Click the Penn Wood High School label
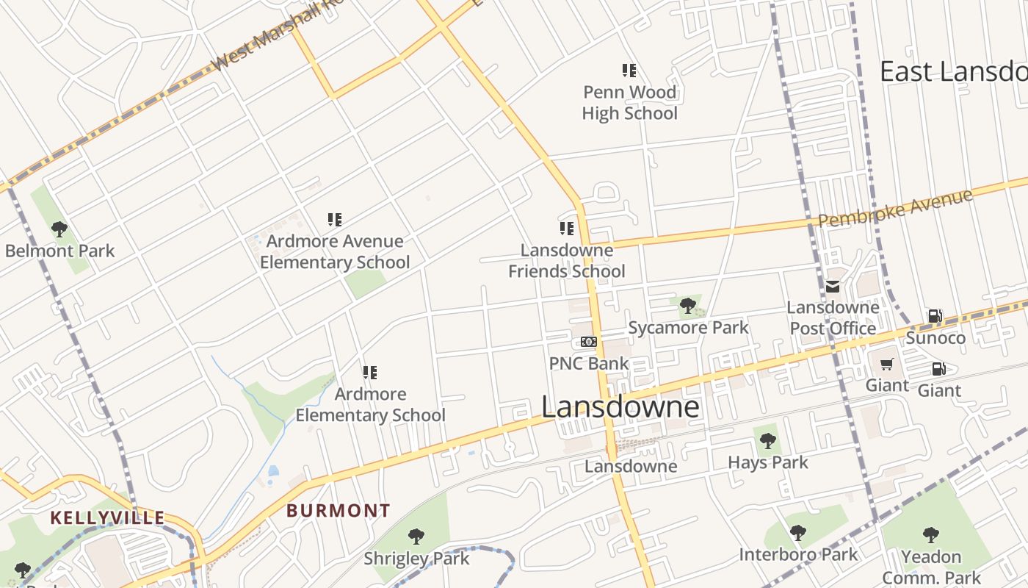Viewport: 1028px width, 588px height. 629,103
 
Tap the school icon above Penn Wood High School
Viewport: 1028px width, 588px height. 629,71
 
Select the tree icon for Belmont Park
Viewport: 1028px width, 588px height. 59,229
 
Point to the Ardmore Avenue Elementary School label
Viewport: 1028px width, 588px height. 335,251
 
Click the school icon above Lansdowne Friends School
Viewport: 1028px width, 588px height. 566,229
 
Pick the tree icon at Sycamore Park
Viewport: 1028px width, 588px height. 687,306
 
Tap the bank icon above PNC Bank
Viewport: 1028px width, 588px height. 589,342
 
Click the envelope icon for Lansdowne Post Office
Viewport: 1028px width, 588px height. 833,287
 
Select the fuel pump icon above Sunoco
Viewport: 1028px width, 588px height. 935,317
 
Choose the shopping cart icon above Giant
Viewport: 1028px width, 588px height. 887,365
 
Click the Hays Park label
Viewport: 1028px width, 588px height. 767,462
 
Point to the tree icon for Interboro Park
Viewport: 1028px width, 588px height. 797,533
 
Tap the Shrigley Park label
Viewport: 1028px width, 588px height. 416,559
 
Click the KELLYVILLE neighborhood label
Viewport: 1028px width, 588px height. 107,517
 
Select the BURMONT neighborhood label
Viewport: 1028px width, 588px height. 338,510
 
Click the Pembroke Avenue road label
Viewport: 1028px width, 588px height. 895,208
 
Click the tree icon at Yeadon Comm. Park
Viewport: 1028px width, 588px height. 931,534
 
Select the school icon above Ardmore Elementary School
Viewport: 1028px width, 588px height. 370,373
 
